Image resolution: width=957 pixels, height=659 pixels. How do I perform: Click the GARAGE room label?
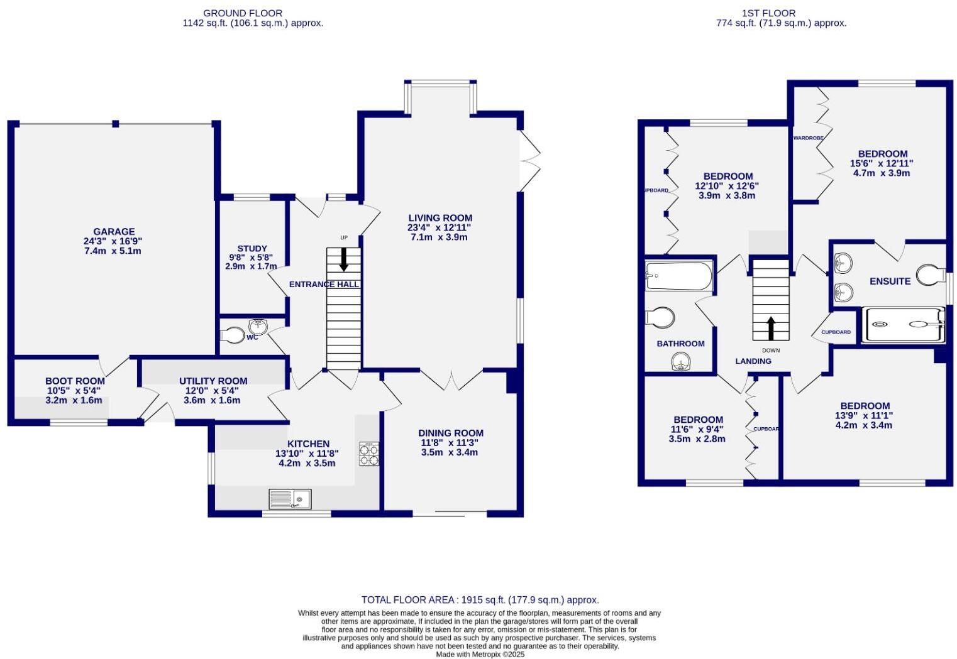[114, 232]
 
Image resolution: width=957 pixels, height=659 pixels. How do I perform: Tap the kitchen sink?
[290, 499]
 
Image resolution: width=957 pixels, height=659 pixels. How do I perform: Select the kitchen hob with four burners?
[369, 454]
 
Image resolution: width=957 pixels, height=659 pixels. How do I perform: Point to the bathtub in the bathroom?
[678, 276]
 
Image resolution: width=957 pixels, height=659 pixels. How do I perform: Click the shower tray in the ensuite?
[903, 325]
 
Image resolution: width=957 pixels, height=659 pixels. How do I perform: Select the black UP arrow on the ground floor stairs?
[343, 259]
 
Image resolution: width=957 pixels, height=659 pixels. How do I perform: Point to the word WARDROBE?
[809, 138]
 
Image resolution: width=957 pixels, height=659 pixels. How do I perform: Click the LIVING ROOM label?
[441, 218]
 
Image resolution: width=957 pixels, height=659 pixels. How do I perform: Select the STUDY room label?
[252, 248]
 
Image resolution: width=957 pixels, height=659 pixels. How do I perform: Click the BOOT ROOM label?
[75, 381]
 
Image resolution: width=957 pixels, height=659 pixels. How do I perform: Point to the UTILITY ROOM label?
[213, 381]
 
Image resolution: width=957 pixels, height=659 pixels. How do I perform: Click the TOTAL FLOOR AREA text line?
[480, 600]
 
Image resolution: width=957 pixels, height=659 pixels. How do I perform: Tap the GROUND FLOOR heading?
[243, 13]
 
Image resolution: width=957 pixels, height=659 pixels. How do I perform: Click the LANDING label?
[753, 361]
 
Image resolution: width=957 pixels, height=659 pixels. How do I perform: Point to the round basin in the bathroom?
[680, 362]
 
